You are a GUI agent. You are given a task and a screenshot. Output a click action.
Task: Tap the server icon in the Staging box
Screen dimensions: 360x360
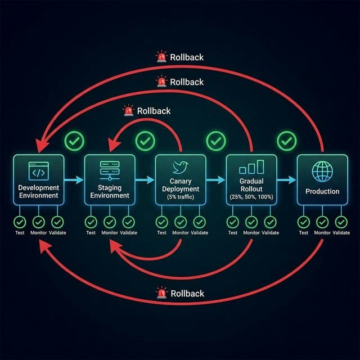(x=110, y=169)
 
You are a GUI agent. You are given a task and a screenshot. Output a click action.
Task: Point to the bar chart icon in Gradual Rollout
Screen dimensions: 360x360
(x=251, y=167)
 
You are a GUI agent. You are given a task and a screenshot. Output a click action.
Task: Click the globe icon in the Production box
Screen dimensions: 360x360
(x=322, y=170)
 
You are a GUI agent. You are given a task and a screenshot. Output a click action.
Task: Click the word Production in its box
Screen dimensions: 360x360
(x=322, y=191)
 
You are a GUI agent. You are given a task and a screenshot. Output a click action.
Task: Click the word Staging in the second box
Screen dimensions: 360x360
(x=110, y=187)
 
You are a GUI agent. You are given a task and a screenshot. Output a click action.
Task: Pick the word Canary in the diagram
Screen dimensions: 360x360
(x=181, y=182)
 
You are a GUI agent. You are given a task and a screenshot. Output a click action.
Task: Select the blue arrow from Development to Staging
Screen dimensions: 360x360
(x=74, y=180)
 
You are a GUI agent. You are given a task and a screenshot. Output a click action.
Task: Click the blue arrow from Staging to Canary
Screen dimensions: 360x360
(x=145, y=180)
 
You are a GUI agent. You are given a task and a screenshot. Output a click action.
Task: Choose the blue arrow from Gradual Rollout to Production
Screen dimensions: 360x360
(x=287, y=180)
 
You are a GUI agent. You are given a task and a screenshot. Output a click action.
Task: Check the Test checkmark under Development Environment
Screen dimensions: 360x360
(x=20, y=222)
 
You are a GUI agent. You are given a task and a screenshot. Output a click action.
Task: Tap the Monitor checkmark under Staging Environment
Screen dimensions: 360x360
(x=110, y=222)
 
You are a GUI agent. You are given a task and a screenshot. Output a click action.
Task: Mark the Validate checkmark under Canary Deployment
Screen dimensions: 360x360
(x=200, y=222)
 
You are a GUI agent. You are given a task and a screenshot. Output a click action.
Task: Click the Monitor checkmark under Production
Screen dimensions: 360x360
(x=322, y=222)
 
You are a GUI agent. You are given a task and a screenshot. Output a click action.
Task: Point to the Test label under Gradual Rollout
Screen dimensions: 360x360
(x=232, y=233)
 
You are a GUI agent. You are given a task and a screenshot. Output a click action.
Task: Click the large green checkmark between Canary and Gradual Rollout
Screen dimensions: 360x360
(x=215, y=141)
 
